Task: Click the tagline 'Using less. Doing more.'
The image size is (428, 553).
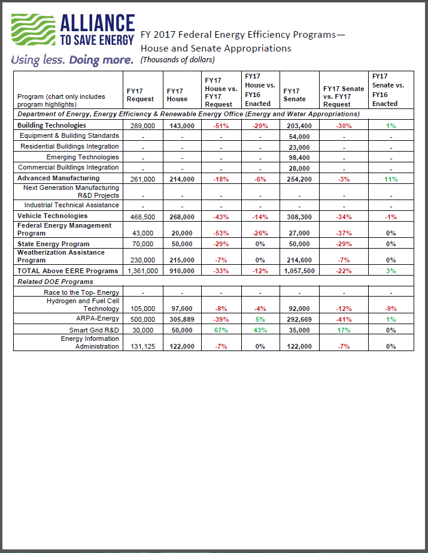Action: pos(71,60)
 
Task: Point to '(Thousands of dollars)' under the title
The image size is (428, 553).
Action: pos(177,59)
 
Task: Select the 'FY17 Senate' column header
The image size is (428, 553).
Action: pos(294,95)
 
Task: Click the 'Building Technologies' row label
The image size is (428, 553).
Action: pos(51,125)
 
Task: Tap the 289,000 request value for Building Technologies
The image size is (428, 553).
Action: pos(143,126)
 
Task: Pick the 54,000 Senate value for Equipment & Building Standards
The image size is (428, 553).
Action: pos(299,136)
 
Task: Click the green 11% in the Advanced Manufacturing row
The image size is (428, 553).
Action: pos(391,179)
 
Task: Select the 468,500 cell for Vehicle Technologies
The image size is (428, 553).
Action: pos(143,216)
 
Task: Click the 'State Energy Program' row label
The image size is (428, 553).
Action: pos(53,244)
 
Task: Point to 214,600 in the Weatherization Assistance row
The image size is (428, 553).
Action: pos(299,260)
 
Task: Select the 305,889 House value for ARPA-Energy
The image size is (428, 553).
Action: pos(181,319)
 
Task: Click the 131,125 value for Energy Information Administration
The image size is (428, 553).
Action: pos(143,346)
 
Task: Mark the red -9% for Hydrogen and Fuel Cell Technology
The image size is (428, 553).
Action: pos(391,309)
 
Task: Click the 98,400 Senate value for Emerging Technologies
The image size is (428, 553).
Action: pos(299,158)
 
